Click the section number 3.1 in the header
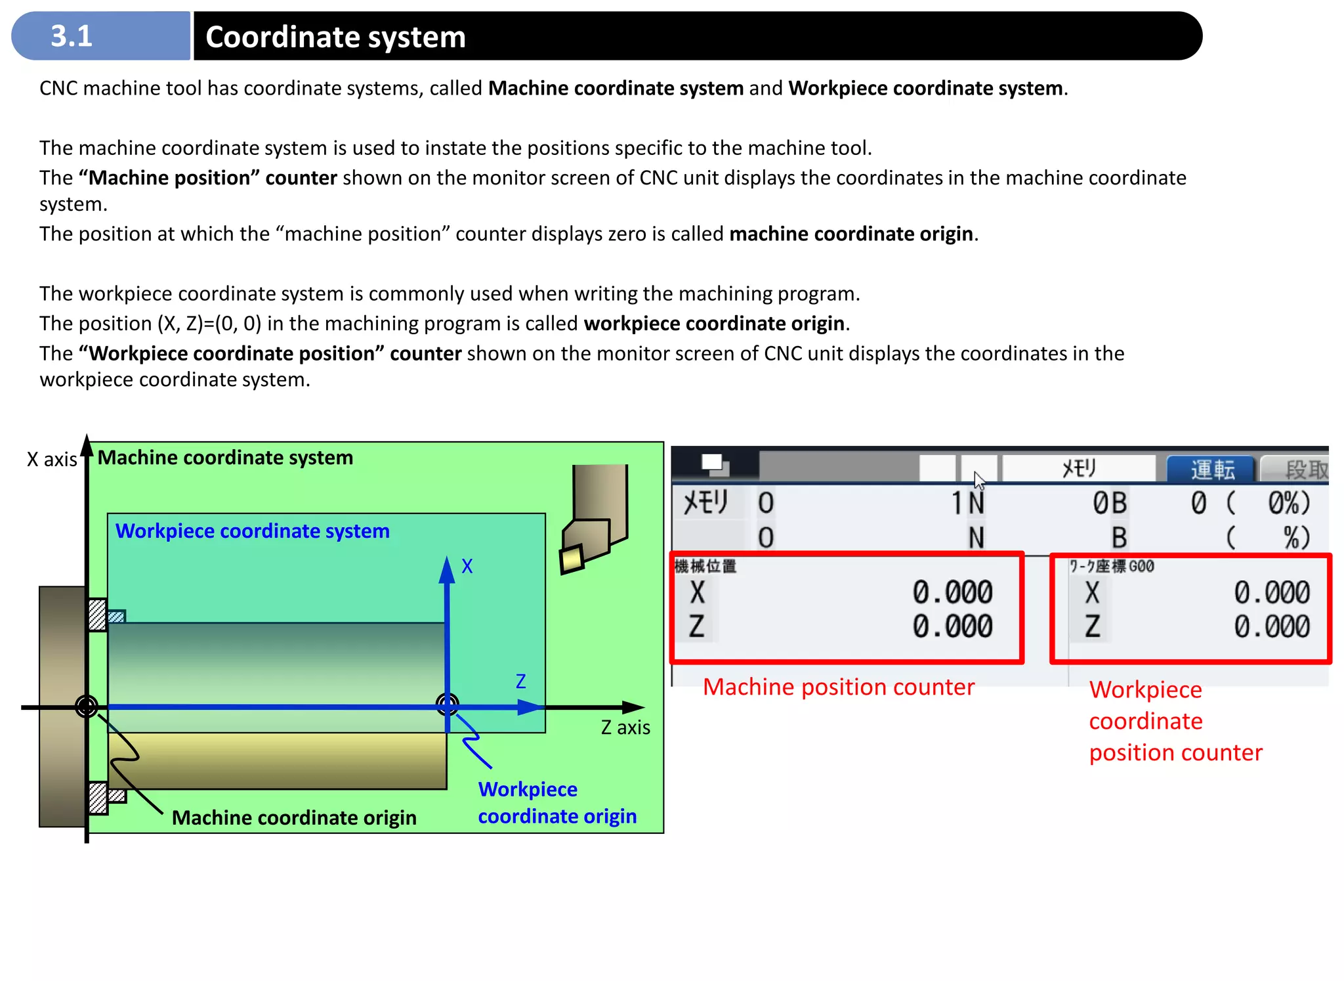[x=72, y=36]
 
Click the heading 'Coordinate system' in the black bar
[x=335, y=37]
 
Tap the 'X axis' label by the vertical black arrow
[x=52, y=459]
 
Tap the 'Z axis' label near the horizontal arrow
[x=625, y=728]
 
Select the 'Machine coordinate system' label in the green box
[x=225, y=458]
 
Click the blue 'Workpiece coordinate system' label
[x=253, y=531]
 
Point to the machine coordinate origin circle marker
[x=87, y=707]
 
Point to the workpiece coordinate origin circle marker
[x=448, y=705]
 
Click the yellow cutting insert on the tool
[x=572, y=559]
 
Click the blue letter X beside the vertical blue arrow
[x=467, y=567]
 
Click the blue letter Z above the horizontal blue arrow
[x=520, y=682]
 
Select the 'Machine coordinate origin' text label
[x=294, y=817]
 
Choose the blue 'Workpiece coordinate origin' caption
[x=556, y=802]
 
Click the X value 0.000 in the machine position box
[x=952, y=592]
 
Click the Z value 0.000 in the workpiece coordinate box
[x=1271, y=626]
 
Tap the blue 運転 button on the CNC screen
[x=1212, y=469]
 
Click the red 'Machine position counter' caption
[x=838, y=687]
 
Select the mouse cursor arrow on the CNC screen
[x=979, y=481]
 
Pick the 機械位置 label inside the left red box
[x=705, y=566]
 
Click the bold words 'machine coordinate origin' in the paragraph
[x=850, y=234]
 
